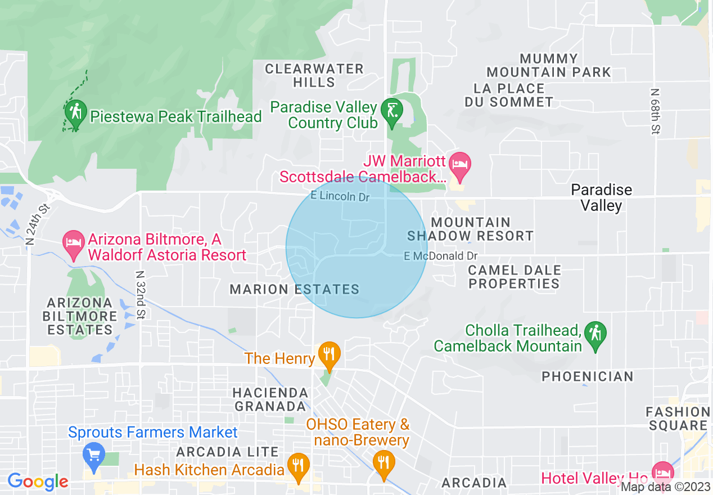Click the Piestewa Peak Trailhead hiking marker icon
(x=75, y=112)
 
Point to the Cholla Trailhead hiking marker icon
(x=595, y=334)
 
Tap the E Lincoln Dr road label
(x=340, y=196)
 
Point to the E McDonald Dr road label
(x=440, y=256)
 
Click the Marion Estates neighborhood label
(x=294, y=289)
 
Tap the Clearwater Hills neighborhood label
(x=314, y=75)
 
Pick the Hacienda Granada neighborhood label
(x=271, y=399)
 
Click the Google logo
(x=38, y=481)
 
